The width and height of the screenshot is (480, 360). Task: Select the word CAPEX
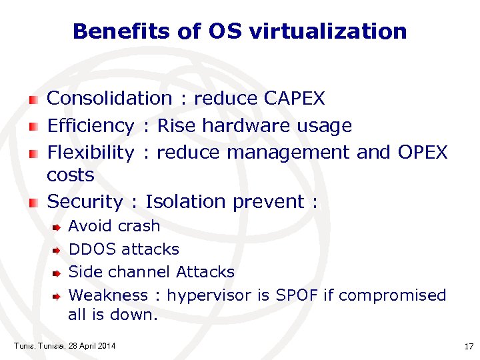pos(294,99)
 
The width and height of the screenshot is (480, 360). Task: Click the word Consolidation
pos(109,99)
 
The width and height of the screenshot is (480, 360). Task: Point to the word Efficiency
pos(91,125)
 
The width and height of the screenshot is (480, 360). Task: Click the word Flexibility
pos(91,153)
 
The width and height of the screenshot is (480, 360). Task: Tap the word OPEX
pos(423,153)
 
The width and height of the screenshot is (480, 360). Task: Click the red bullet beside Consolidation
pos(33,100)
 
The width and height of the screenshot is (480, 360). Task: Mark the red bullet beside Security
pos(33,203)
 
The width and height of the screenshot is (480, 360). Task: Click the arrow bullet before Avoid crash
pos(57,227)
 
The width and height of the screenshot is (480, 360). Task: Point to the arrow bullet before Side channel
pos(57,273)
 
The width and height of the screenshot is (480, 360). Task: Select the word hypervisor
pos(209,295)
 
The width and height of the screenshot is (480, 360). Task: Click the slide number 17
pos(468,346)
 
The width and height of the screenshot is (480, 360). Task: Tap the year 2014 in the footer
pos(105,345)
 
